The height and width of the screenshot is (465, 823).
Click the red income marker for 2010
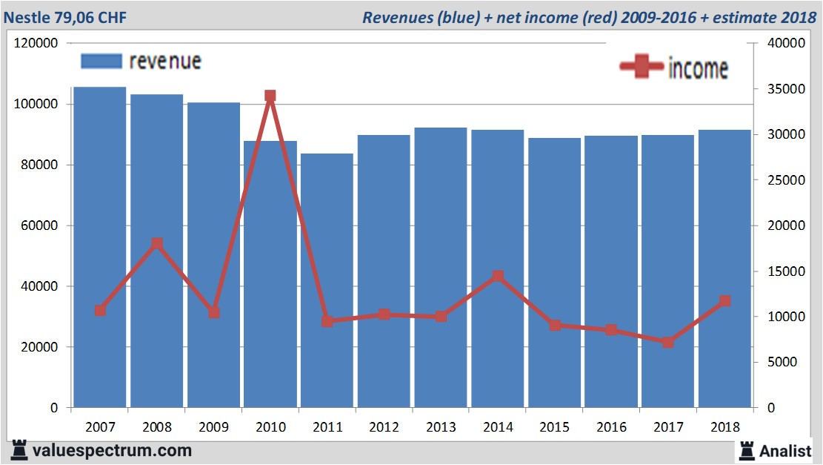pyautogui.click(x=270, y=96)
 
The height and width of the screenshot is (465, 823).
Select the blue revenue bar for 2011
pyautogui.click(x=327, y=282)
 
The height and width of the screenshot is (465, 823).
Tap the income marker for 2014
pyautogui.click(x=498, y=277)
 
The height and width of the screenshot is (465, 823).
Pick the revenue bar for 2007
pyautogui.click(x=100, y=245)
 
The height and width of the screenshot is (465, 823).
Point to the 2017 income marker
pyautogui.click(x=668, y=342)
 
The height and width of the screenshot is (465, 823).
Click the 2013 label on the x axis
pyautogui.click(x=441, y=427)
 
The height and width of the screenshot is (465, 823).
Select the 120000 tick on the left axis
pyautogui.click(x=36, y=44)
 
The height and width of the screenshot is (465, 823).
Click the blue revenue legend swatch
pyautogui.click(x=100, y=61)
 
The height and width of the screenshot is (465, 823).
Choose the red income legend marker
pyautogui.click(x=642, y=67)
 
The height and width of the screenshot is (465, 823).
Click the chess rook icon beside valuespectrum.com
pyautogui.click(x=19, y=449)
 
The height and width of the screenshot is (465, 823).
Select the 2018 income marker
pyautogui.click(x=725, y=301)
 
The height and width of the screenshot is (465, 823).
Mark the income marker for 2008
pyautogui.click(x=157, y=243)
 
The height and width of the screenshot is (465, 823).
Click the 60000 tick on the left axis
pyautogui.click(x=43, y=225)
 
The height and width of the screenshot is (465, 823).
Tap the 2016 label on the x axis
pyautogui.click(x=611, y=427)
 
